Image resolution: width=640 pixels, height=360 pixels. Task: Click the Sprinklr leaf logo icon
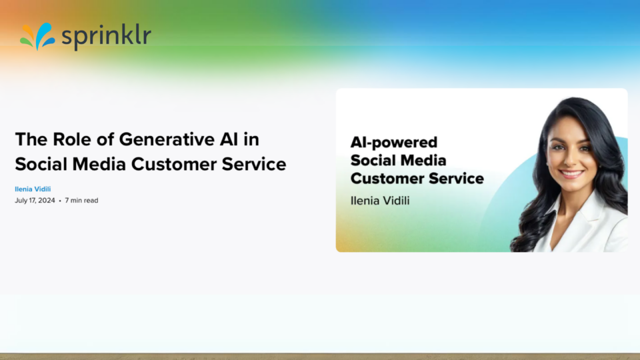37,36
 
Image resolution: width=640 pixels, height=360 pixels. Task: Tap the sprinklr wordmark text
106,37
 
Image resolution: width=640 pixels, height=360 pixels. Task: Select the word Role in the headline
72,139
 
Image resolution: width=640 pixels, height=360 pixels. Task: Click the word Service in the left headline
254,164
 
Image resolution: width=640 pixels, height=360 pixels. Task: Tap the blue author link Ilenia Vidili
33,189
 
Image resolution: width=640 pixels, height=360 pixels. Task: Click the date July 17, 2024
35,201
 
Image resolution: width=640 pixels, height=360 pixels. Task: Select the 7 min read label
81,201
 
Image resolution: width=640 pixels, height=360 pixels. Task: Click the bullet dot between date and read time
60,201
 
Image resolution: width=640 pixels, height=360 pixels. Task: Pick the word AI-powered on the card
394,143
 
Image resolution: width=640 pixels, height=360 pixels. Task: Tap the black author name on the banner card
380,201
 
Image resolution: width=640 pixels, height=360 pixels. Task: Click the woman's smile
571,173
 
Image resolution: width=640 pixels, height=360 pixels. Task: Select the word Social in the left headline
41,164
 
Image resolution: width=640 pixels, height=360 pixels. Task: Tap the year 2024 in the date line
47,201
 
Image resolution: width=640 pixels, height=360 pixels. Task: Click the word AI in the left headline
229,139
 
